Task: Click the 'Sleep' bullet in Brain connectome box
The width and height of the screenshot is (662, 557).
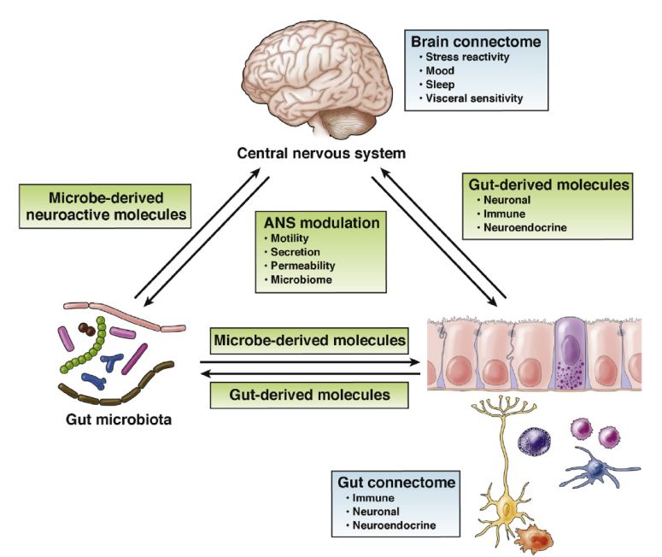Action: [x=442, y=85]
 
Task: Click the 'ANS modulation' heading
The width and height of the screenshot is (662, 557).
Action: [x=326, y=222]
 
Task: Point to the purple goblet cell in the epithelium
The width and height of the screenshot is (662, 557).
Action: [x=568, y=353]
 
